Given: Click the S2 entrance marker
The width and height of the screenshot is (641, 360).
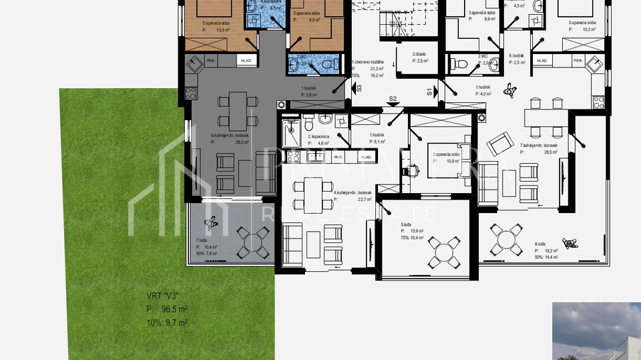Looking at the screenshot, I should click(393, 99).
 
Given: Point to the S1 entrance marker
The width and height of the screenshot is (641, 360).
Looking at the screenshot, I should click(429, 91).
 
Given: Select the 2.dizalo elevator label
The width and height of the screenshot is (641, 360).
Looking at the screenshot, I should click(419, 54).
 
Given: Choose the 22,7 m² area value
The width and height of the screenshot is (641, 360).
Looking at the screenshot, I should click(365, 199).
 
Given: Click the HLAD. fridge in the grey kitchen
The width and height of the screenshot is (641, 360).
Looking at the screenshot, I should click(246, 61).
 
